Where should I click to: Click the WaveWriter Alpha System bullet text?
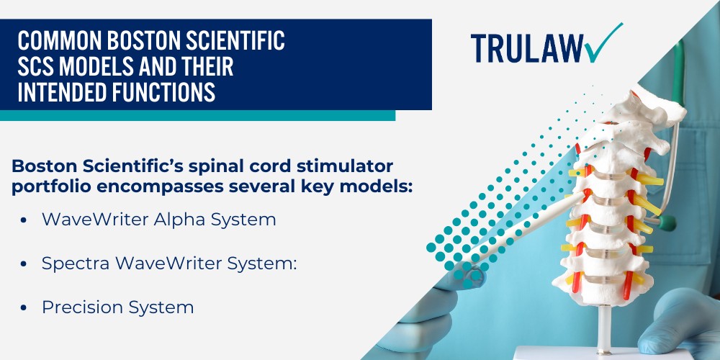[158, 220]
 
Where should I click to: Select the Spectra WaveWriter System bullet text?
[169, 264]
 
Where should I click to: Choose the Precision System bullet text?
[117, 307]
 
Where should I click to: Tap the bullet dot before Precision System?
[24, 308]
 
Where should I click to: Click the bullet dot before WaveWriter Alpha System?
[24, 220]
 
